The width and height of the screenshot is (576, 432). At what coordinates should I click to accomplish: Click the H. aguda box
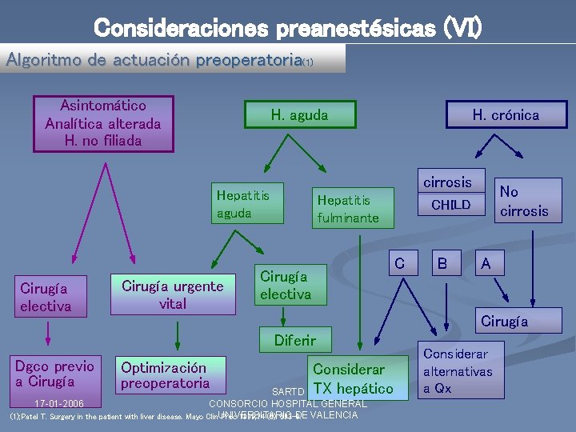(299, 115)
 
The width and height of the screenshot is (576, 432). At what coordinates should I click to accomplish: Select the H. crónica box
(506, 115)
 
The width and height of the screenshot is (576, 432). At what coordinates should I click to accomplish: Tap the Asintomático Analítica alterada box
(103, 124)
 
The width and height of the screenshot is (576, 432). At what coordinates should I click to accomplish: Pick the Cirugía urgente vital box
(173, 295)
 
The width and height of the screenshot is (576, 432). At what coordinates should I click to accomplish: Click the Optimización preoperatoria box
(165, 376)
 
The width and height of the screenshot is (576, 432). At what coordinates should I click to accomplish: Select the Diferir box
(294, 340)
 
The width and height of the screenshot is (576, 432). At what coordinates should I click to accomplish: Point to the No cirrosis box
(524, 201)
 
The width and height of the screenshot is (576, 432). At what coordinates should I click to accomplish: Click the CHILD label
(451, 205)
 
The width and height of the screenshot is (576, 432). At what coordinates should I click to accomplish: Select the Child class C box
(400, 262)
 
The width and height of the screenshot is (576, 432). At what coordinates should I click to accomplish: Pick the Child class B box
(442, 262)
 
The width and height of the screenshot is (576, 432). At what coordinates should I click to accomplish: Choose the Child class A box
(486, 262)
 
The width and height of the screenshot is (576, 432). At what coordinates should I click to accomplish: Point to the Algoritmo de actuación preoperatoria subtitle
(159, 60)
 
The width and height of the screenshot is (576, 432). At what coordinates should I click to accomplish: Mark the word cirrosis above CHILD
(447, 182)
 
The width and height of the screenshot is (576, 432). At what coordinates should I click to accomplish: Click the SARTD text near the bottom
(288, 392)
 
